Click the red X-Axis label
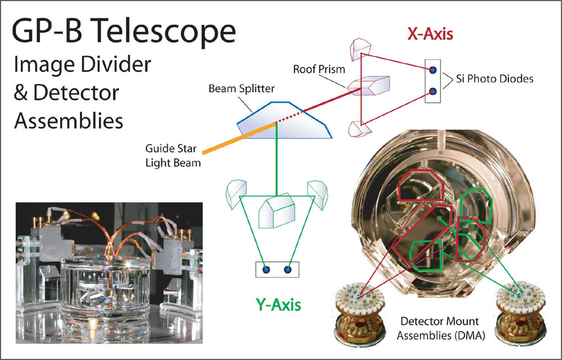[430, 34]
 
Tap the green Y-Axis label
[278, 305]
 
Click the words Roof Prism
[319, 69]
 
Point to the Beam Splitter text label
[242, 88]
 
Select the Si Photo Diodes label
[495, 79]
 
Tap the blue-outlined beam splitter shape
[284, 120]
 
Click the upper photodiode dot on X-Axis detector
[433, 70]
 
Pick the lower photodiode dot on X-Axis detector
[433, 92]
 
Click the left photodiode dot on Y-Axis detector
[266, 269]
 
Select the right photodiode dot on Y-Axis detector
[287, 269]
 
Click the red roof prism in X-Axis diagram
[368, 85]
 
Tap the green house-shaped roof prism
[277, 211]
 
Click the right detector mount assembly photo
[520, 312]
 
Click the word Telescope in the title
[166, 31]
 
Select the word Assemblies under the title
[69, 121]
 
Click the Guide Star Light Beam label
[173, 156]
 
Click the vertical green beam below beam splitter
[277, 159]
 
